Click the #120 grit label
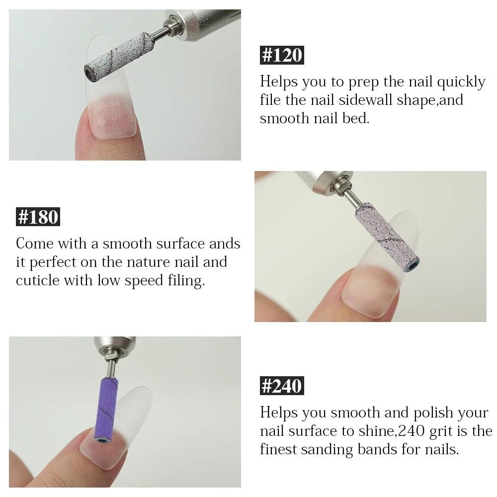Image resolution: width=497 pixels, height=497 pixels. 282,55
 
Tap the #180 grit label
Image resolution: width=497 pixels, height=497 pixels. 38,217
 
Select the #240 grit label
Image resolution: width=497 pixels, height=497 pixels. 282,386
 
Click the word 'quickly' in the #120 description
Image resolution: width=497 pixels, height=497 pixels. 461,82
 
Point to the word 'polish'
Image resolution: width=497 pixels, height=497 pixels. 433,413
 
